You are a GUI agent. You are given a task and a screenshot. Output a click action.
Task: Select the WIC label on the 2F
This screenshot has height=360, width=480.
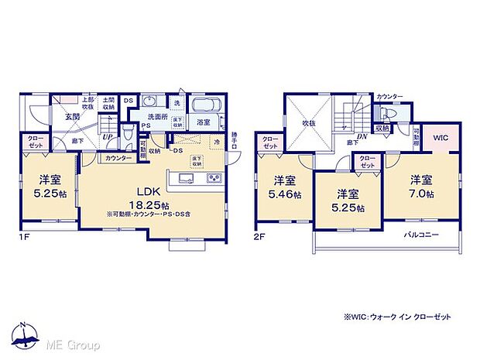pyautogui.click(x=441, y=138)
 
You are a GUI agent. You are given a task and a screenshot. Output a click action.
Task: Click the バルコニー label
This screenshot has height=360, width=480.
pyautogui.click(x=422, y=233)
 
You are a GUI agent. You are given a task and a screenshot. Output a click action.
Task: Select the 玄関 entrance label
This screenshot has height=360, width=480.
pyautogui.click(x=71, y=117)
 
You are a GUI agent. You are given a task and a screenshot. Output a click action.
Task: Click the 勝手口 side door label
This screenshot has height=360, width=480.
pyautogui.click(x=235, y=142)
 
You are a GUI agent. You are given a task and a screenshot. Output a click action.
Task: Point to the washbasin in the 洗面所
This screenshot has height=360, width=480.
pyautogui.click(x=152, y=105)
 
